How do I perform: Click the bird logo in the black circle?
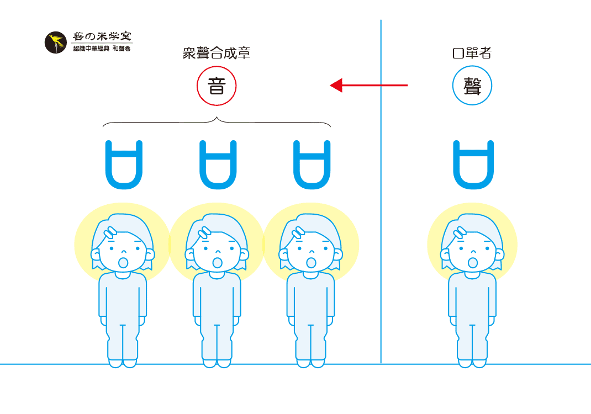click(x=55, y=42)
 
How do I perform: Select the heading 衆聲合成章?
click(x=217, y=53)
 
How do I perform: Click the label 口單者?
click(x=472, y=53)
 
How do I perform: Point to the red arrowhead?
click(x=336, y=85)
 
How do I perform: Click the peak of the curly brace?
click(x=217, y=118)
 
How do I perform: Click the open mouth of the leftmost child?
click(x=123, y=262)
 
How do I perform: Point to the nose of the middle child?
click(x=218, y=251)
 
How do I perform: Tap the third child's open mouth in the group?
click(x=311, y=262)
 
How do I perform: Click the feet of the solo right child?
click(x=472, y=363)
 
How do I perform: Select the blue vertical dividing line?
click(x=381, y=192)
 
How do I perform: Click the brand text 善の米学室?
click(x=102, y=36)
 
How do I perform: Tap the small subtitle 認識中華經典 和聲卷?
click(x=102, y=49)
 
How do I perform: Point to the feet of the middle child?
click(x=217, y=363)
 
